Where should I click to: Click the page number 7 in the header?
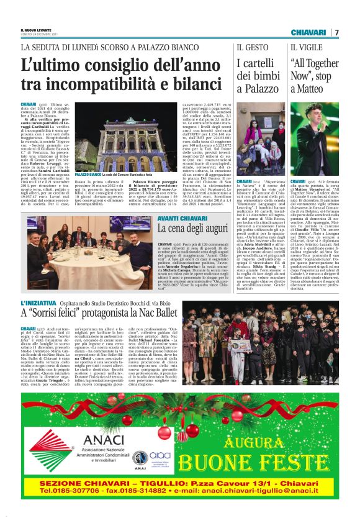[x=337, y=32]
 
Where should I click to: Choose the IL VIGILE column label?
[x=305, y=47]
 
